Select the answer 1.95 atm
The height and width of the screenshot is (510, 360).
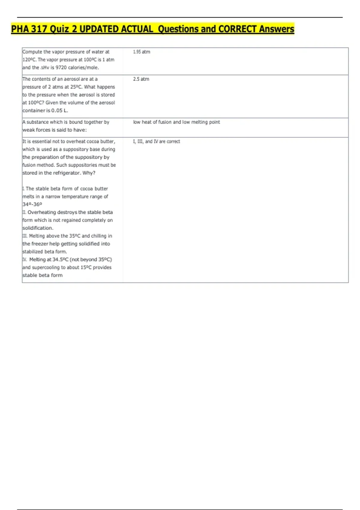coord(142,52)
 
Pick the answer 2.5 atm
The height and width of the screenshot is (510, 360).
coord(141,79)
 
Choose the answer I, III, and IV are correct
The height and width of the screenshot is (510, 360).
coord(157,141)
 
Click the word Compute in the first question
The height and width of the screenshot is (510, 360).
coord(32,52)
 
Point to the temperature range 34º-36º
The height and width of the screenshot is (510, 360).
coord(32,204)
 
